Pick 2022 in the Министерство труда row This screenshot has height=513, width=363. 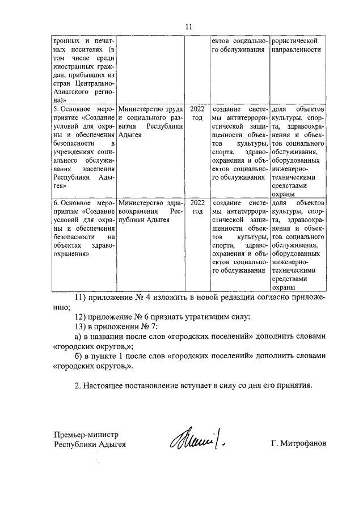pos(197,108)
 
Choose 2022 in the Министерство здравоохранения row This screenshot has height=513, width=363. pos(197,203)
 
